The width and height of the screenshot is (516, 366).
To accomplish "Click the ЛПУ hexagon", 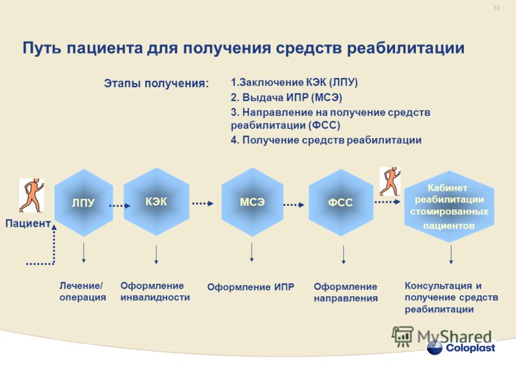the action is point(84,203).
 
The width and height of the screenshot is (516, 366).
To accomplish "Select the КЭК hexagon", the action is point(156,201).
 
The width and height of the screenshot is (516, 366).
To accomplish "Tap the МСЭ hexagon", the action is point(252,202).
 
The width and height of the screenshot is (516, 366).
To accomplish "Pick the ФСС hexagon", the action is point(341,202).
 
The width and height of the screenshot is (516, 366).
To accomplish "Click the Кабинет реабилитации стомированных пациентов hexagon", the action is point(449,207).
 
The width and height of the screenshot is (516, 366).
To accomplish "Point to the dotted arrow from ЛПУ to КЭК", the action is point(120,205).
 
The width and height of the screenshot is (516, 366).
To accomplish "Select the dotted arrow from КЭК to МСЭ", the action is point(203,203).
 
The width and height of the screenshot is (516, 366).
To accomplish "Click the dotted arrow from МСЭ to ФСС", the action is point(294,205).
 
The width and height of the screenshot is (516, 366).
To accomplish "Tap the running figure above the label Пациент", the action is point(31,196).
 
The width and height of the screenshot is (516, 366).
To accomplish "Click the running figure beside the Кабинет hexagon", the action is point(390,181).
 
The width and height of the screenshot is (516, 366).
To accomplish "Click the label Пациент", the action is point(28,223).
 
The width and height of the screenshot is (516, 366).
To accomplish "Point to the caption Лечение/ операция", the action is point(83,291).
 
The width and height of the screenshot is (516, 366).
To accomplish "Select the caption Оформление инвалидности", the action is point(155,291).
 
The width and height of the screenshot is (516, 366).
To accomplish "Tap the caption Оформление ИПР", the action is point(250,287).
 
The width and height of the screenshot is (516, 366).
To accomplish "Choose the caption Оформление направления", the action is point(346,292).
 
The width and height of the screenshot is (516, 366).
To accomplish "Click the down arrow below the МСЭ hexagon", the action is point(252,252).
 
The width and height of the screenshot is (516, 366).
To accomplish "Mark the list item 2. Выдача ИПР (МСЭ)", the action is point(286,97).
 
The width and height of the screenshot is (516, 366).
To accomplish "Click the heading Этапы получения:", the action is point(157,83).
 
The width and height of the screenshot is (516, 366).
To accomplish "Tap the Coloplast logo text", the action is point(470,348).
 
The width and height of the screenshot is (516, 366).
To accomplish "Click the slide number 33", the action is point(496,8).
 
